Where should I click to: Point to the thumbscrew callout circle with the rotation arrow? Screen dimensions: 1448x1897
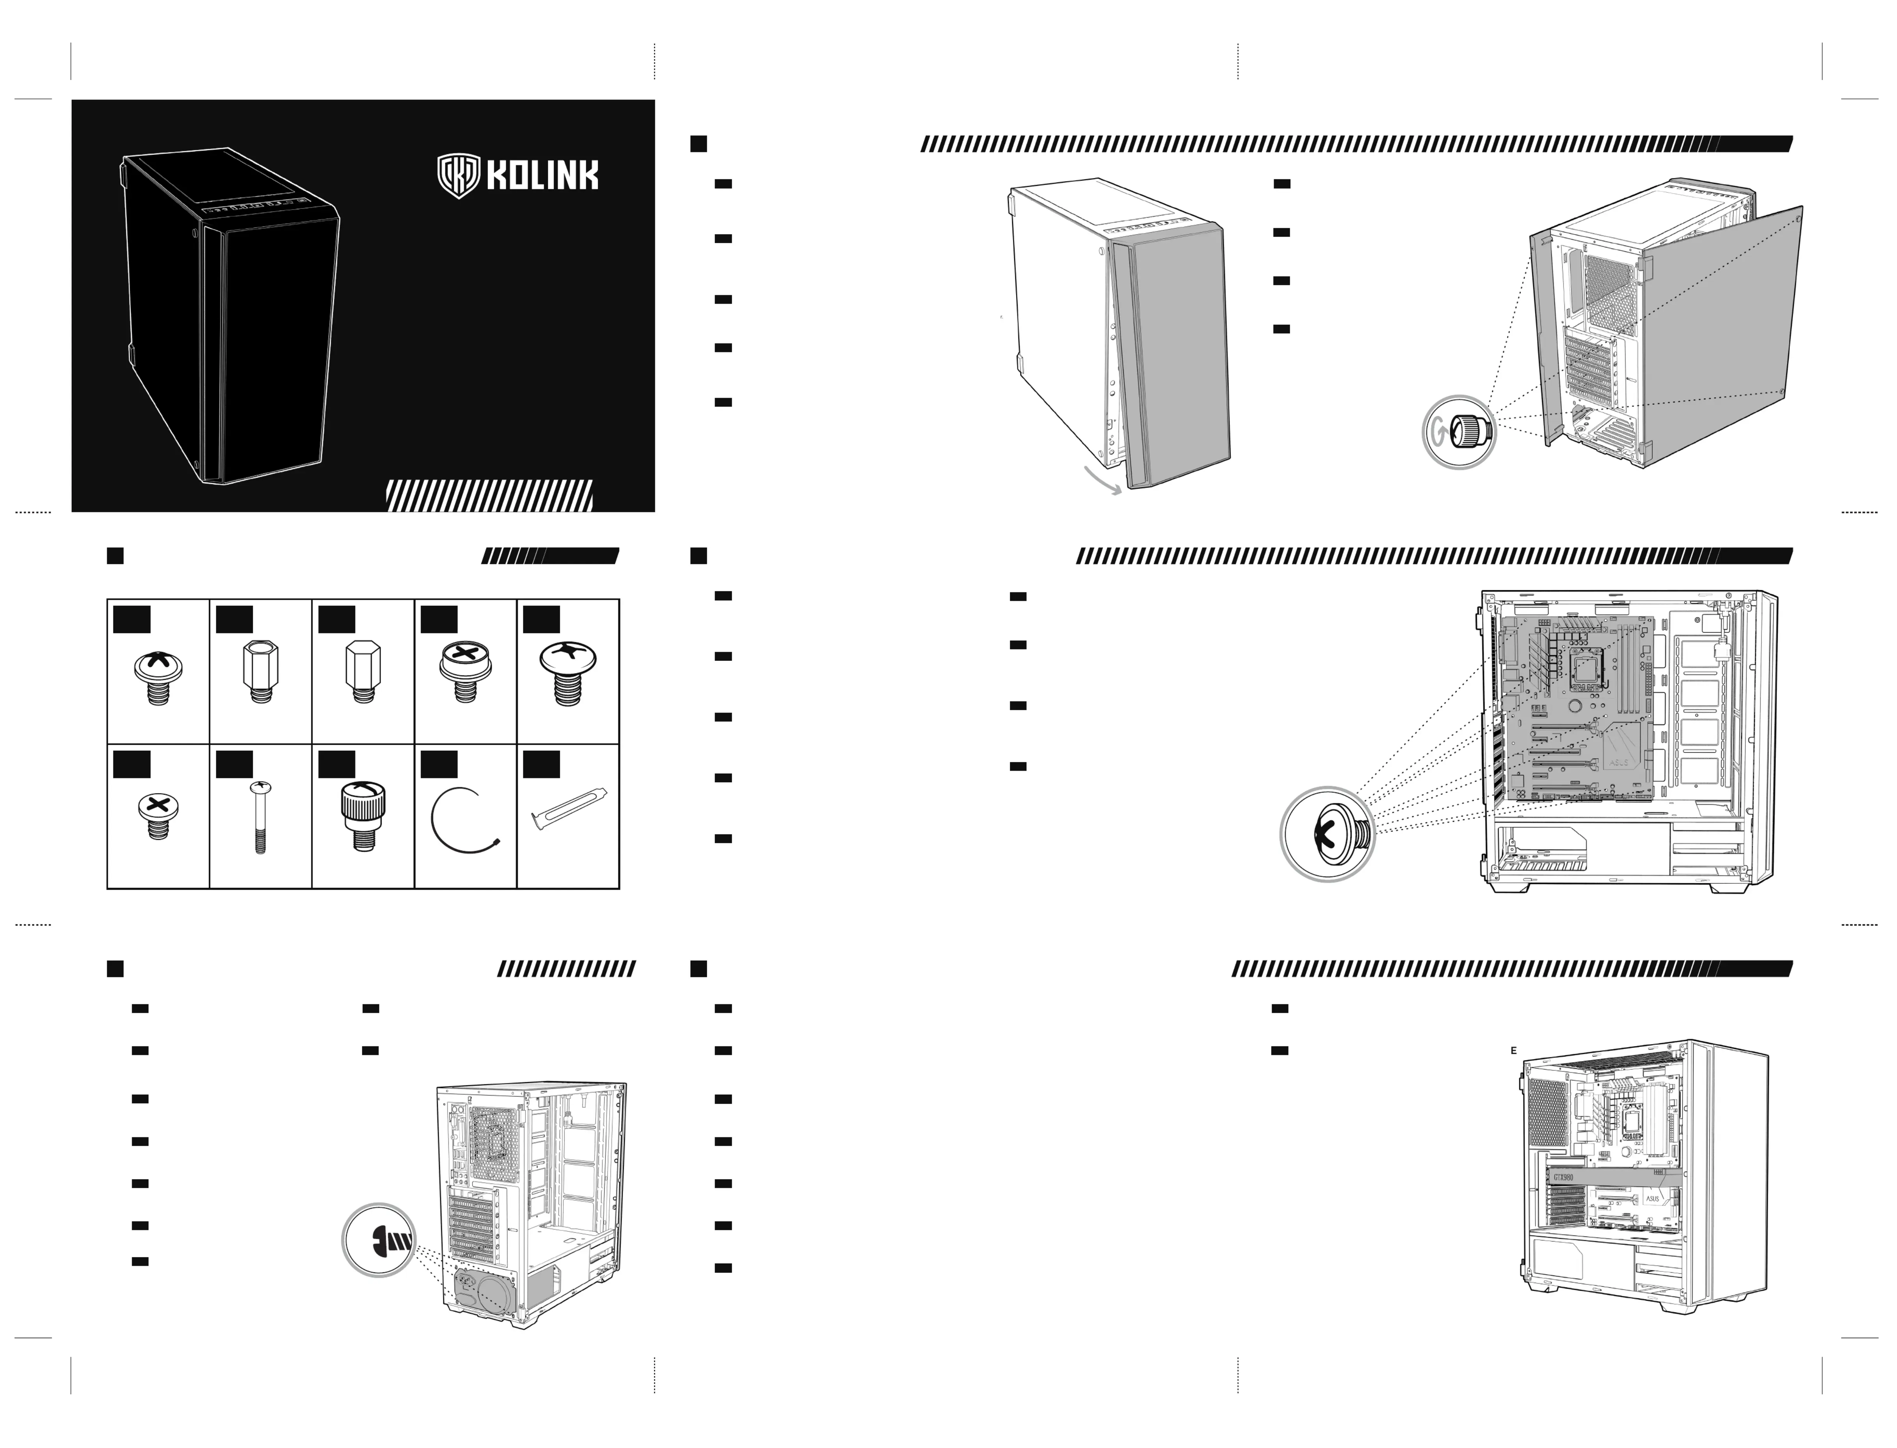pos(1459,432)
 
